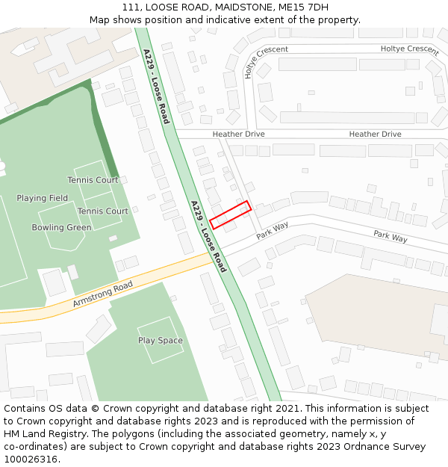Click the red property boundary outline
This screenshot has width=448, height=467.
(230, 214)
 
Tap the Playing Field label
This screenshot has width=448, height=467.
(43, 198)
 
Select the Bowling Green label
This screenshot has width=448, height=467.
(61, 227)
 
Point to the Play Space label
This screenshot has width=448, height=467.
(161, 341)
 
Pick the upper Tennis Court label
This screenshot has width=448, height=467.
(93, 180)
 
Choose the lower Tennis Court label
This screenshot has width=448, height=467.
(103, 211)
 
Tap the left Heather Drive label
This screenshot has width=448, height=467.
(238, 134)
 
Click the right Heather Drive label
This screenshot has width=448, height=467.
(375, 134)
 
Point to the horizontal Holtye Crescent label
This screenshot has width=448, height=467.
(409, 49)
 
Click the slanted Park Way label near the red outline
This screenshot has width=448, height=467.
(273, 230)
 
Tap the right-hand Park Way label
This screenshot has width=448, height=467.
(391, 237)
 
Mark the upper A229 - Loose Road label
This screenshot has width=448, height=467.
(156, 86)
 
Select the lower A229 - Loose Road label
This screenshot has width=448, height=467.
(208, 236)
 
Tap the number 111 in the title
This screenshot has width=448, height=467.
(131, 7)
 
